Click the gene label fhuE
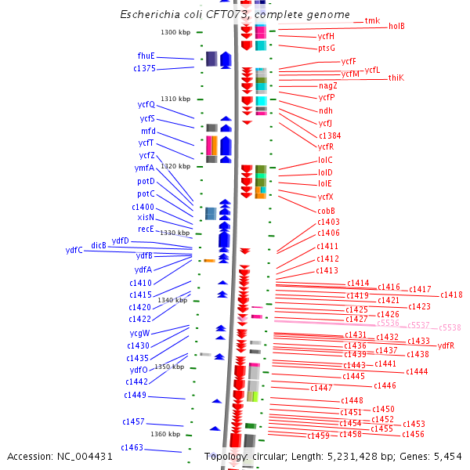point(146,56)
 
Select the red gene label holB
point(396,26)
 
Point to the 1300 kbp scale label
point(175,32)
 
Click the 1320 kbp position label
point(175,166)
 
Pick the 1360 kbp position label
point(165,434)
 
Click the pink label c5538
point(450,327)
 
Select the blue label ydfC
point(74,250)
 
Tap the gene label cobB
point(326,211)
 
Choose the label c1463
point(132,447)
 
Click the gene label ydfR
point(446,345)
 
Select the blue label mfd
point(148,131)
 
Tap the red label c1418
point(451,295)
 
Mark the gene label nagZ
point(327,85)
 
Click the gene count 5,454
point(447,456)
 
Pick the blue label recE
point(146,229)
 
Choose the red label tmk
point(372,20)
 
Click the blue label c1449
point(135,395)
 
